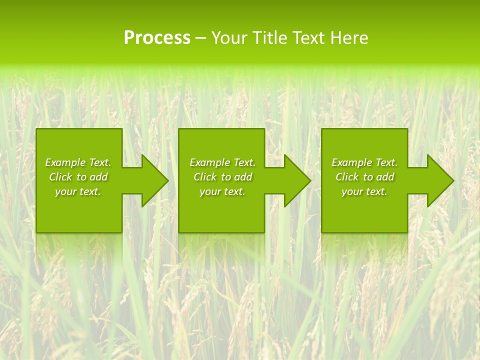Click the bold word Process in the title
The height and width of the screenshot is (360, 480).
tap(157, 38)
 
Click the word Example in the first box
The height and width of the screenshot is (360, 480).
tap(65, 162)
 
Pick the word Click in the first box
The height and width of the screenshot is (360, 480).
tap(61, 177)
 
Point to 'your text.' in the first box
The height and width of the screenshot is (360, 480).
tap(78, 191)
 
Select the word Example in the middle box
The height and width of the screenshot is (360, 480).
tap(210, 162)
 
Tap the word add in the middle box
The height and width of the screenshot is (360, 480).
tap(243, 177)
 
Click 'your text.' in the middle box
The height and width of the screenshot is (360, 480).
tap(222, 191)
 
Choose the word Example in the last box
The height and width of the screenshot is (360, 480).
tap(352, 162)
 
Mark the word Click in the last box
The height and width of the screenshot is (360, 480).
tap(347, 177)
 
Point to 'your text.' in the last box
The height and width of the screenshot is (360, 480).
tap(364, 191)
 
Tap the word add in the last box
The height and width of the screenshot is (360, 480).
tap(385, 177)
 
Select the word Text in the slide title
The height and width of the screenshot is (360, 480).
tap(309, 38)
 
